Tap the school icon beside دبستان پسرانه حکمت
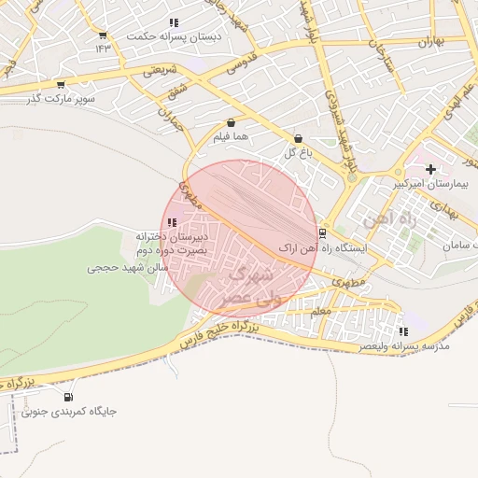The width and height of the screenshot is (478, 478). point(103,36)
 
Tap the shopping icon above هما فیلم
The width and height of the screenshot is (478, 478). point(231,122)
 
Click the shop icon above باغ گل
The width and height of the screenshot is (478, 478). point(298,138)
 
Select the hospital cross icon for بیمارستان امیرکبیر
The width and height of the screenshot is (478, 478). point(430,169)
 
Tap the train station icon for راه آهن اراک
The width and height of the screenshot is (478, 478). point(322,232)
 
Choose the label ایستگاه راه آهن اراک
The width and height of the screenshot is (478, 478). point(355,248)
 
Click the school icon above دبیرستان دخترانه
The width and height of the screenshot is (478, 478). point(171,222)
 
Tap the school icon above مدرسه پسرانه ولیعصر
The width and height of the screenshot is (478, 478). point(402,331)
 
